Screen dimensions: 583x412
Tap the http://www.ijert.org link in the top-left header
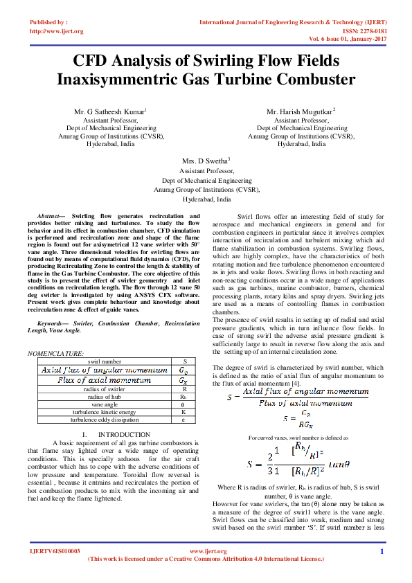(57, 31)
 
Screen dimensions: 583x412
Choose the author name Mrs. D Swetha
(205, 161)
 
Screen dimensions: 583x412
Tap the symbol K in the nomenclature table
(183, 411)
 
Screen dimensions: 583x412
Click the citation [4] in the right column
(295, 383)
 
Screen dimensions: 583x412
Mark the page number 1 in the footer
(382, 551)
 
